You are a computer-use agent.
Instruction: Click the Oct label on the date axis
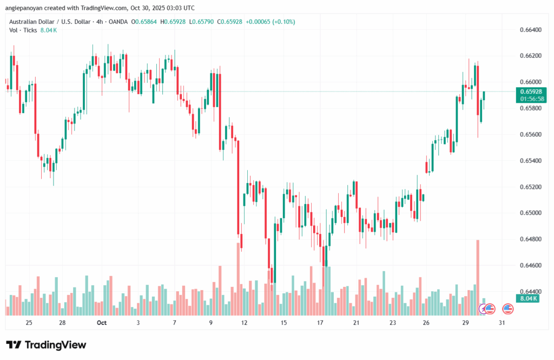(102, 323)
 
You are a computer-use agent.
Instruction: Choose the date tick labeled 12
(245, 323)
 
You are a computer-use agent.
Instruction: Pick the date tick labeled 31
(502, 323)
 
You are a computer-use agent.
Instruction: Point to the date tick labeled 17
(320, 323)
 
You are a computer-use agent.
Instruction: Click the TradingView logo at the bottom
(46, 345)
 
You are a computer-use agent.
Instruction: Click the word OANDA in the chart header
(123, 22)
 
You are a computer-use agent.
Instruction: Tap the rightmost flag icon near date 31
(507, 309)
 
